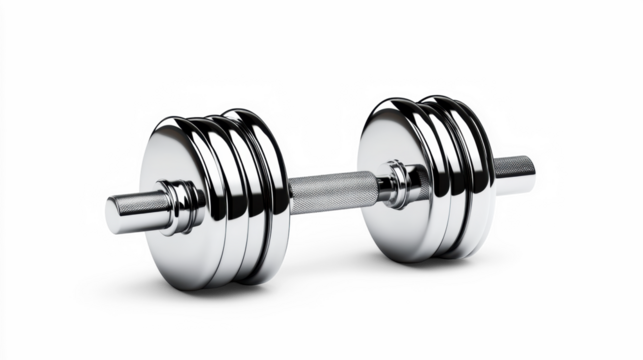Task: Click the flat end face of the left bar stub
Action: coord(113,212)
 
